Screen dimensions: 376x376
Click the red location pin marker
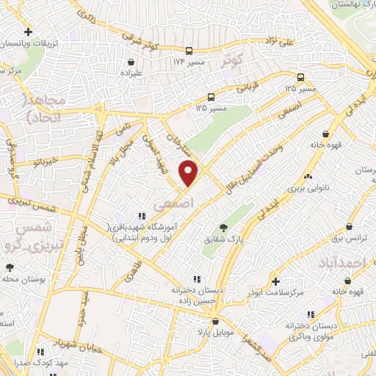click(x=189, y=173)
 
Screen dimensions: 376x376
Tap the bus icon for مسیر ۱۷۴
click(x=189, y=51)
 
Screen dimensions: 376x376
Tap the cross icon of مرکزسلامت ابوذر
click(x=275, y=281)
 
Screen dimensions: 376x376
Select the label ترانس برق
click(x=356, y=239)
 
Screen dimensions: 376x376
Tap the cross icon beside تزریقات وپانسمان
click(x=28, y=32)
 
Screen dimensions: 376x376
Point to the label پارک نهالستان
click(x=355, y=5)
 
